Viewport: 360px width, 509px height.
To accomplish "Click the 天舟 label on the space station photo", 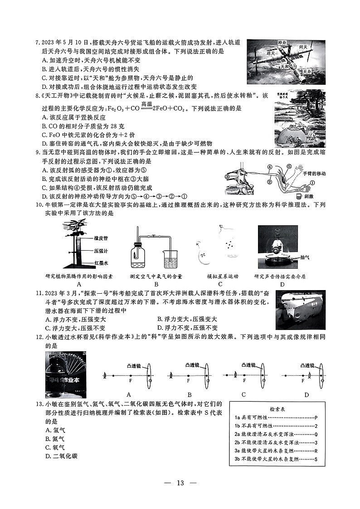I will click(307, 72).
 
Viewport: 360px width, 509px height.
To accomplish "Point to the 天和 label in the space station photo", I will click(285, 66).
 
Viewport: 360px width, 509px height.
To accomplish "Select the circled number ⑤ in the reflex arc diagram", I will click(289, 167).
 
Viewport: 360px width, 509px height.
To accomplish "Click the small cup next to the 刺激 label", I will click(298, 196).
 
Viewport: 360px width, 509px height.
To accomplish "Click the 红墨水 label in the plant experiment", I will click(101, 262).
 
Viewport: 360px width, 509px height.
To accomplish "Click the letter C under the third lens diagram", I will click(243, 394).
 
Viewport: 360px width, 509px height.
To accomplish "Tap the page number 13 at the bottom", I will click(180, 483).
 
